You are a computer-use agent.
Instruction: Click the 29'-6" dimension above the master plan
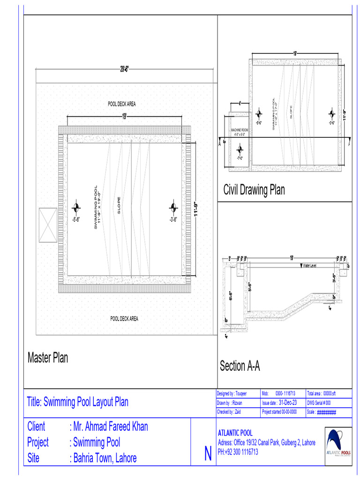pos(124,69)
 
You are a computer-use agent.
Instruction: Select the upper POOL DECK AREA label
pos(122,104)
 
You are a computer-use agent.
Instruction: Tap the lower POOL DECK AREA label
pos(124,319)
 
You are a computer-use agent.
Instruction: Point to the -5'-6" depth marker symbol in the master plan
pos(76,208)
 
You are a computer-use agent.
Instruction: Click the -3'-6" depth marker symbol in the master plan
pos(173,208)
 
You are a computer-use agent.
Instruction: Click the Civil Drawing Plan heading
pos(254,190)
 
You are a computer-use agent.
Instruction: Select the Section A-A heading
pos(240,366)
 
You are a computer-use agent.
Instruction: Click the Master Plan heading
pos(48,358)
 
